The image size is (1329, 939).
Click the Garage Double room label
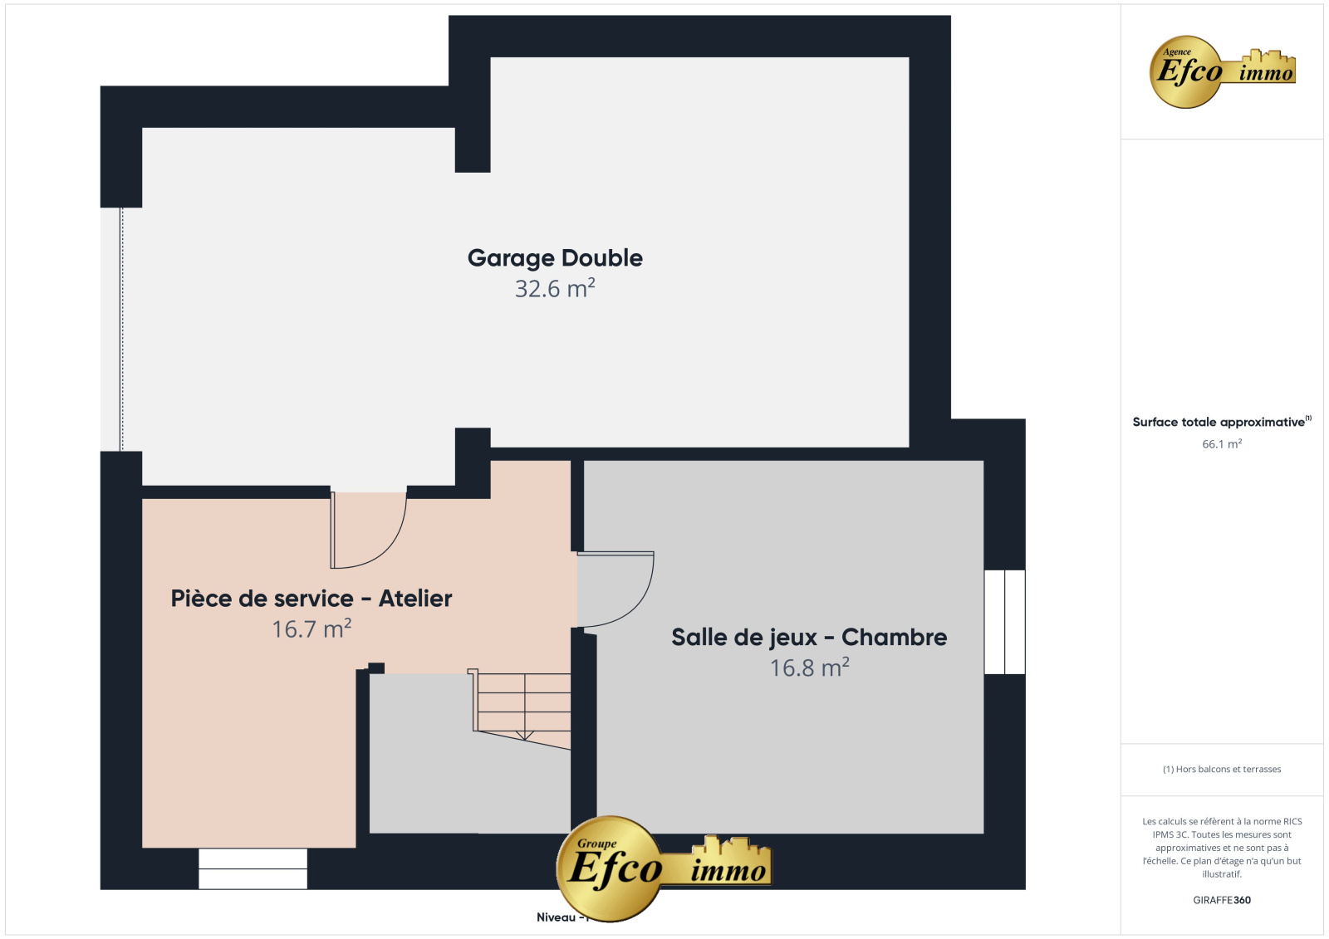(555, 258)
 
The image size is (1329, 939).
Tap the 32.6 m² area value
(555, 289)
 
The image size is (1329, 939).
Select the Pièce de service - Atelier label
(311, 599)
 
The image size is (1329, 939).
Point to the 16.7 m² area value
(311, 629)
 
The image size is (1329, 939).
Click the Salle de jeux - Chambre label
(809, 638)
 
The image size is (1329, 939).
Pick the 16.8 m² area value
(809, 668)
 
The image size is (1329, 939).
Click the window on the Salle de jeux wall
(1004, 622)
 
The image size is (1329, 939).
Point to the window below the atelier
(253, 868)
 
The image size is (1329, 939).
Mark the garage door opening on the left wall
(121, 330)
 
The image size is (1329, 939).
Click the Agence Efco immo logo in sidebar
(1222, 71)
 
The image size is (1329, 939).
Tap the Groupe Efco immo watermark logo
(664, 868)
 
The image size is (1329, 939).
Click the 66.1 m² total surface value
(1222, 443)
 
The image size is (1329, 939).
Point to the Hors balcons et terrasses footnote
(1222, 770)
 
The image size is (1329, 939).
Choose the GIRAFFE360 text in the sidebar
(1222, 900)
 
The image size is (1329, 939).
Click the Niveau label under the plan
(557, 917)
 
